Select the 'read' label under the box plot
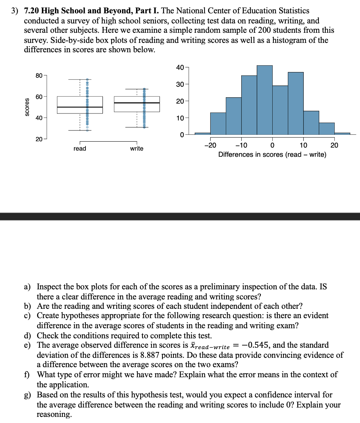[x=80, y=148]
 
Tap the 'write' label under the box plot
[x=137, y=148]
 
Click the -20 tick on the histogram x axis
[x=210, y=145]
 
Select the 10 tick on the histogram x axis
[x=303, y=145]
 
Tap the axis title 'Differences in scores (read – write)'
[x=272, y=155]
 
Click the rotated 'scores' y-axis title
[x=27, y=107]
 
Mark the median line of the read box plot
[x=80, y=107]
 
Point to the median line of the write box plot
[x=137, y=103]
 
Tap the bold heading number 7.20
[x=31, y=11]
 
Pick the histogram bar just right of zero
[x=280, y=110]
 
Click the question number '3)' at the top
[x=14, y=11]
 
